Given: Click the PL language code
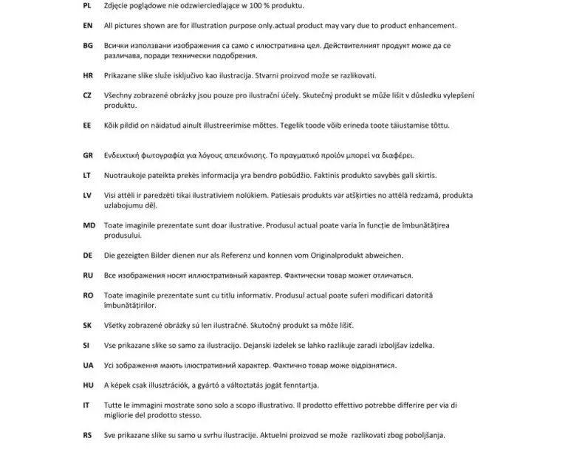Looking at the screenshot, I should pyautogui.click(x=87, y=5).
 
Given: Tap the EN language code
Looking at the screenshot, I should pyautogui.click(x=87, y=25).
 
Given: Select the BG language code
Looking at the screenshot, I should pyautogui.click(x=87, y=45).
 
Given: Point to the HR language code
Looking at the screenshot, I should pyautogui.click(x=87, y=75).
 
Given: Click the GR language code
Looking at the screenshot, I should pyautogui.click(x=87, y=155).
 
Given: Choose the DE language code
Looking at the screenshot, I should pyautogui.click(x=87, y=256).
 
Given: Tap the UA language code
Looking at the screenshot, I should pyautogui.click(x=87, y=365).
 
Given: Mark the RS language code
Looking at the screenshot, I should pyautogui.click(x=87, y=435).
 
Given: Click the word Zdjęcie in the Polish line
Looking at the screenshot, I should pyautogui.click(x=119, y=5).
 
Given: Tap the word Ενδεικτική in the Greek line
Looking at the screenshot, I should pyautogui.click(x=126, y=155).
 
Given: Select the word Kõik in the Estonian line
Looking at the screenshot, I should pyautogui.click(x=112, y=125).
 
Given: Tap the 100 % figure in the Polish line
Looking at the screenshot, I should pyautogui.click(x=252, y=5).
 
